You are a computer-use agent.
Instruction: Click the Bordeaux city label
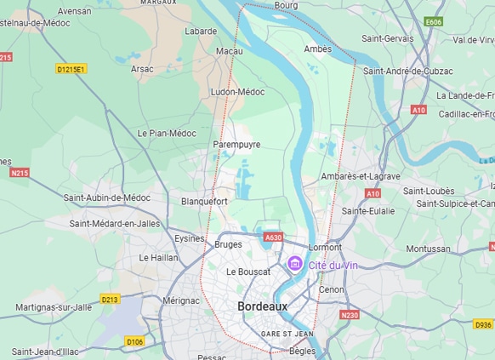click(x=262, y=306)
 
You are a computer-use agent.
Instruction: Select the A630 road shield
click(x=273, y=238)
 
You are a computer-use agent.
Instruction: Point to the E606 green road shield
click(x=434, y=21)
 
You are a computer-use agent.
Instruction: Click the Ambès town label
click(x=317, y=49)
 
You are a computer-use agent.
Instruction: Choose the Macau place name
click(x=229, y=51)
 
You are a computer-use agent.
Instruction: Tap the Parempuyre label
click(x=236, y=144)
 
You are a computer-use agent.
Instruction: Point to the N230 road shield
click(x=350, y=315)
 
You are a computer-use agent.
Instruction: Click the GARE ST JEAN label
click(x=287, y=334)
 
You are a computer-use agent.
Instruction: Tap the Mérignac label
click(x=181, y=300)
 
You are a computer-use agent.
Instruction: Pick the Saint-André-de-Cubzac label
click(x=410, y=71)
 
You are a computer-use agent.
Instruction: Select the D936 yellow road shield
click(x=483, y=324)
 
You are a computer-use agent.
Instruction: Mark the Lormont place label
click(x=325, y=246)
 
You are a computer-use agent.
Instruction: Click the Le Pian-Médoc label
click(x=167, y=133)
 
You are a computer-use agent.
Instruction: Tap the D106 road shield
click(x=134, y=341)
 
